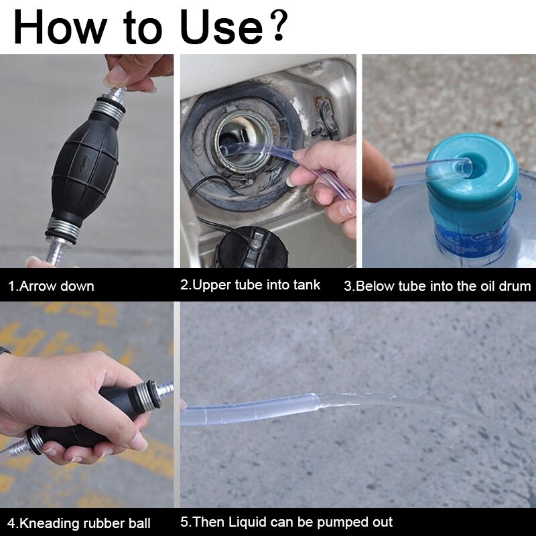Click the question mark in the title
278,25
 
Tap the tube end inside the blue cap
465,167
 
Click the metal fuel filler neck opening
244,140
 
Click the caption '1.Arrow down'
51,286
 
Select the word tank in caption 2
307,285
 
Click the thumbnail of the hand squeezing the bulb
86,405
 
